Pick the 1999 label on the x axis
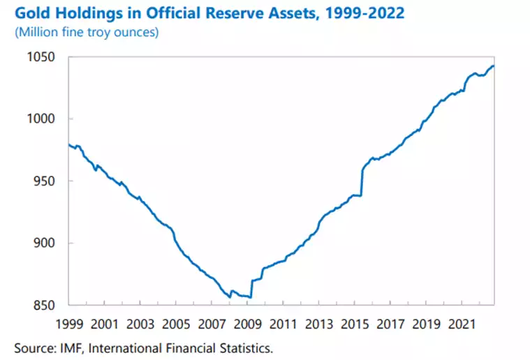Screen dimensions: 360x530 coord(69,324)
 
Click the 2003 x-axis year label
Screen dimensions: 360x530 coord(140,324)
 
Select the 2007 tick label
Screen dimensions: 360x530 coord(212,324)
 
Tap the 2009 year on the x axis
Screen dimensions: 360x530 coord(248,324)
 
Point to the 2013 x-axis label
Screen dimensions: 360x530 coord(320,324)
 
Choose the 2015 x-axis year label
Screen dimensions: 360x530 coord(356,324)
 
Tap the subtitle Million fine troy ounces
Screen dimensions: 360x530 coord(89,32)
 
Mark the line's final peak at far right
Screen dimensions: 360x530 coord(493,66)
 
